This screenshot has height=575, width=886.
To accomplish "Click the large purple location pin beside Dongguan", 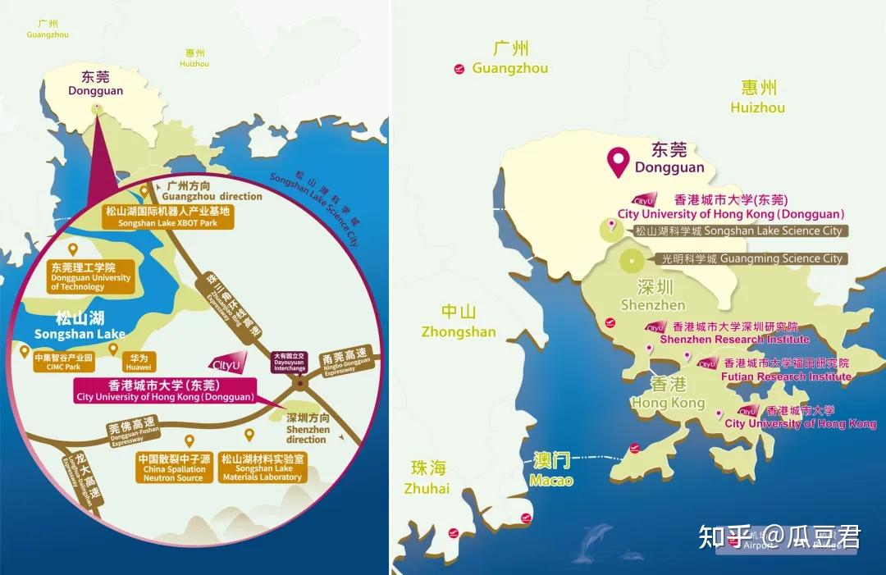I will click(x=619, y=162).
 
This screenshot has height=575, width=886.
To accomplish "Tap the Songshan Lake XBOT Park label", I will click(x=168, y=217).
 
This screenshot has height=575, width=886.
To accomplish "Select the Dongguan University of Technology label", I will click(x=91, y=277).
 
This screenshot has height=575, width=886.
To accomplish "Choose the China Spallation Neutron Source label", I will click(x=173, y=468).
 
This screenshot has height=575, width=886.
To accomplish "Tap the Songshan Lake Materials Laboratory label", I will click(x=263, y=468).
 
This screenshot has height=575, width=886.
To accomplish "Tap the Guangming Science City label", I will click(x=752, y=258).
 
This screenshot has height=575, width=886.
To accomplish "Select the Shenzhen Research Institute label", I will click(x=734, y=333).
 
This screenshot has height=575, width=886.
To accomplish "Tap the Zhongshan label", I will click(x=459, y=322).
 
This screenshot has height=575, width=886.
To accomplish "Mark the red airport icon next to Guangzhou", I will click(x=459, y=69).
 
